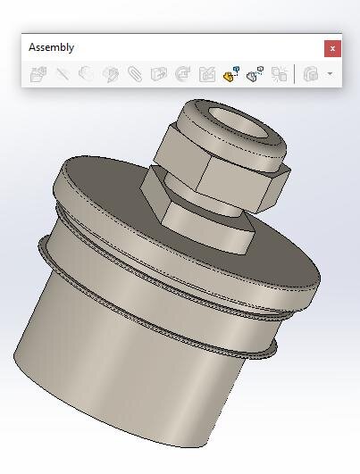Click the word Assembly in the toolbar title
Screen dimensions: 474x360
(51, 47)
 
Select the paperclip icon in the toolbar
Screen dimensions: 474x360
(135, 74)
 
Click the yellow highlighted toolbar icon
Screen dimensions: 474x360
(231, 74)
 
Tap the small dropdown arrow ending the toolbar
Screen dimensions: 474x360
(330, 74)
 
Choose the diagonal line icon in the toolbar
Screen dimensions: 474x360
(63, 74)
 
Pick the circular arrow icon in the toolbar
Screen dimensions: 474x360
(183, 74)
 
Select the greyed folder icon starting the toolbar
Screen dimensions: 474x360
(38, 74)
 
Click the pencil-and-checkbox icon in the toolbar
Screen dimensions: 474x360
(207, 74)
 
